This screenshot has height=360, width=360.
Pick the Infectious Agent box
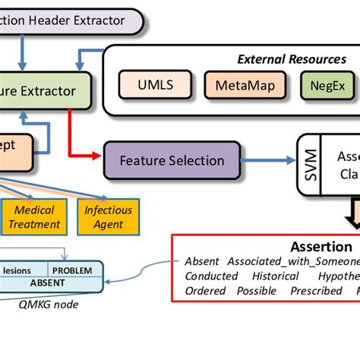click(x=108, y=217)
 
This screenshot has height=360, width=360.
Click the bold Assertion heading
click(x=321, y=247)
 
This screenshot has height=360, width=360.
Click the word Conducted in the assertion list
click(x=211, y=276)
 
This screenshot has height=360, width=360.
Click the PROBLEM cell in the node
click(x=73, y=270)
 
